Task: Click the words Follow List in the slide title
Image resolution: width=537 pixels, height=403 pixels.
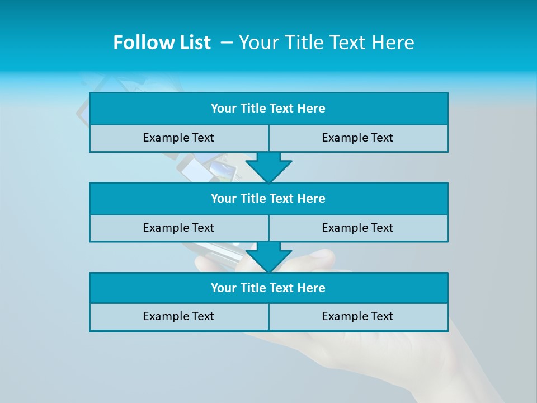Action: tap(162, 43)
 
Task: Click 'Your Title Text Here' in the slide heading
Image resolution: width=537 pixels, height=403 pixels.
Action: tap(327, 43)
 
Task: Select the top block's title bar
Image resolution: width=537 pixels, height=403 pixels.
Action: tap(268, 109)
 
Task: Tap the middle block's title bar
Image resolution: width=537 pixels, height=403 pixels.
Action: tap(268, 199)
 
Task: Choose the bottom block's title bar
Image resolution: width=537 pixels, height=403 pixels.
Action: tap(268, 288)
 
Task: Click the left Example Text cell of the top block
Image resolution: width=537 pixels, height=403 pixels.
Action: tap(178, 138)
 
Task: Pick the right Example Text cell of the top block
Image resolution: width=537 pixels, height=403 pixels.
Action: tap(357, 138)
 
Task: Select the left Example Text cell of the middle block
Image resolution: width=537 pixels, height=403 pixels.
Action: tap(178, 228)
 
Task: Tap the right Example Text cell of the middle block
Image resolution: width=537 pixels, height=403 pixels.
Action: tap(357, 228)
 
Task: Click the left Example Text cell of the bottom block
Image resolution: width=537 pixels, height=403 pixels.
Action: tap(178, 316)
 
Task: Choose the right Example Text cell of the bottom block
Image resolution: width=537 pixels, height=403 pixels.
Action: tap(357, 316)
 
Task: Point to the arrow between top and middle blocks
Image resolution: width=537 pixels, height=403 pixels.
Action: tap(268, 167)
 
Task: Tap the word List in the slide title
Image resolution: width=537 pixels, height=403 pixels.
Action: tap(194, 43)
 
